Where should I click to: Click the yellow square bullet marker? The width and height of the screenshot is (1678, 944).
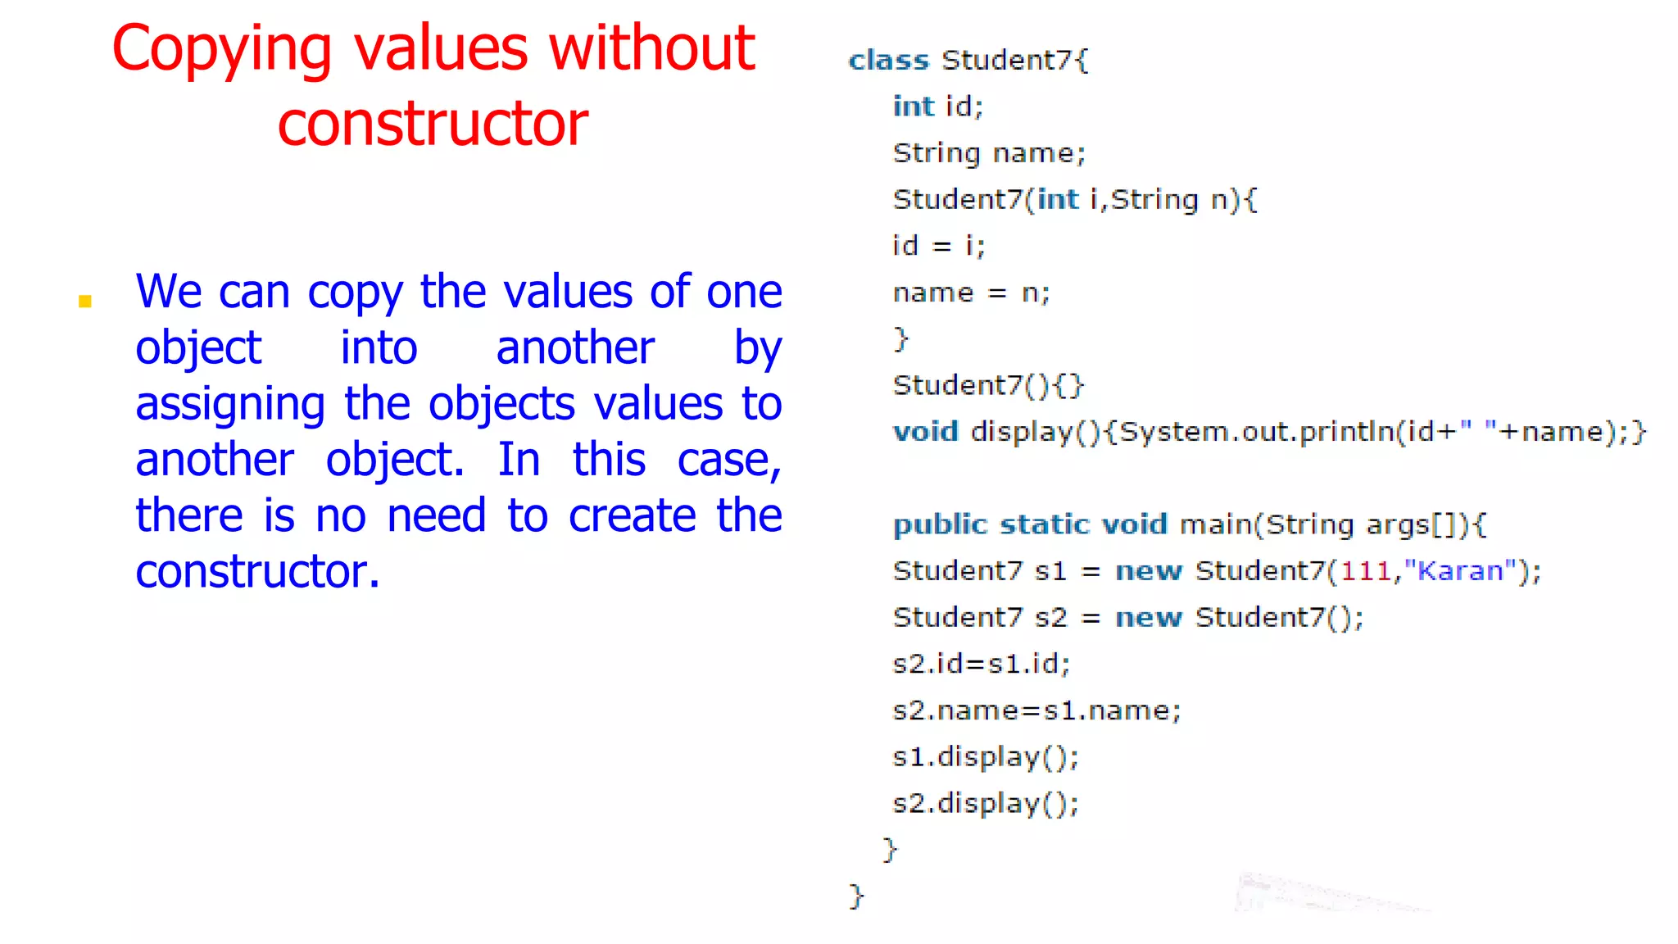(85, 302)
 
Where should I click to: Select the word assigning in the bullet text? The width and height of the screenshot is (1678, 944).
(230, 406)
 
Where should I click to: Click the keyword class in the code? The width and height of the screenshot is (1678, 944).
(888, 60)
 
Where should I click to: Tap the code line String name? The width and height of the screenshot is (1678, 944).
(989, 153)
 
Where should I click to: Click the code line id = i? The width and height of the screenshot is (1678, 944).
(938, 246)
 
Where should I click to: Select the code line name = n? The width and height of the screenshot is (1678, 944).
(971, 293)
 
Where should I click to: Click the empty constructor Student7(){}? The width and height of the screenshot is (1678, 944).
(988, 385)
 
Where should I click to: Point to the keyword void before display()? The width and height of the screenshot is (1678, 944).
(925, 432)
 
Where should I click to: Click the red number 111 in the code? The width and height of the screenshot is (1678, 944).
(1366, 571)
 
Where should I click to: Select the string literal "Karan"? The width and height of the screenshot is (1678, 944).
(1460, 571)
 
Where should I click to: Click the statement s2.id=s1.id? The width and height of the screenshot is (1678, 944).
(981, 664)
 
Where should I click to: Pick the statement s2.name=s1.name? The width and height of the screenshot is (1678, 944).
(1036, 710)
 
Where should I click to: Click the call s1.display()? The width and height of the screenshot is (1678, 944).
(985, 757)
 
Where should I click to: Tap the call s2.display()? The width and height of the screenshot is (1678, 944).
(985, 804)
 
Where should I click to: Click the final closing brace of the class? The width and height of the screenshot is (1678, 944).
(856, 896)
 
